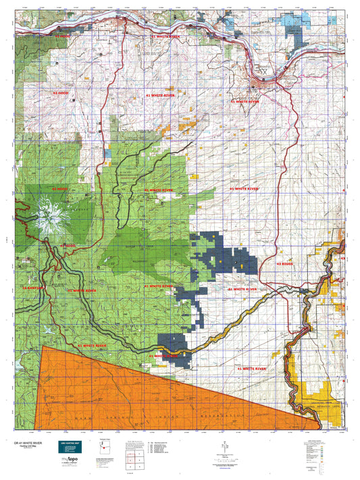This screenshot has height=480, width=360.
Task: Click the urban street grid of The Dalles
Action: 260,72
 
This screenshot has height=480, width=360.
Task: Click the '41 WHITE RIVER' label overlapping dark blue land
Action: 165,355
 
